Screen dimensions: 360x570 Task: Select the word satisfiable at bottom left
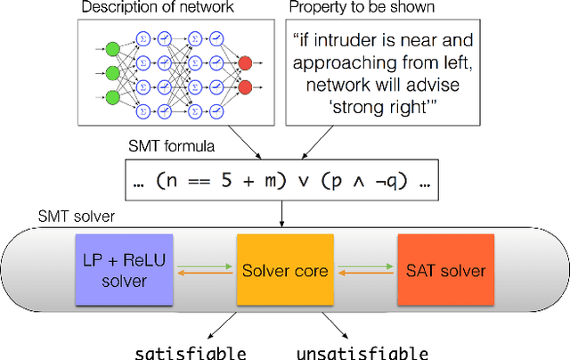tap(191, 351)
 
